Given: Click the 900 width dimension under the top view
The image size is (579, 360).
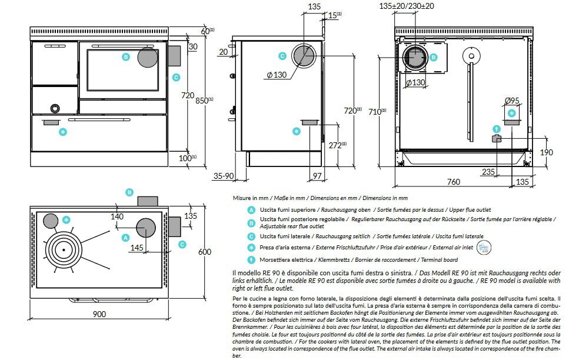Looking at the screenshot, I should point(99,314).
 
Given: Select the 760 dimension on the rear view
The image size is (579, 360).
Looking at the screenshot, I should point(452,182).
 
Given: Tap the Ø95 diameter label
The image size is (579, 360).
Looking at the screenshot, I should point(512,100).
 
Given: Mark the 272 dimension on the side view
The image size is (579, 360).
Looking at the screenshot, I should point(335,145).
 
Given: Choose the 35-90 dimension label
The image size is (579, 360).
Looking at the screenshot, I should point(223,176).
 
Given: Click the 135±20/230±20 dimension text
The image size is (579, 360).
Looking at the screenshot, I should point(414,6).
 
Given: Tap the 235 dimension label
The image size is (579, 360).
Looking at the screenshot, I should point(488,172).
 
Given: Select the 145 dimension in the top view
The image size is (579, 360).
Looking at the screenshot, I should point(137,248).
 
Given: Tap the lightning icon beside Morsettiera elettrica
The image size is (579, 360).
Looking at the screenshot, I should point(251,259).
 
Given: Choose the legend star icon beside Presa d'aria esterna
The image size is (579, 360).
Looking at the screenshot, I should point(251,248).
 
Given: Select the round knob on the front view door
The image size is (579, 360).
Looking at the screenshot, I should point(54,108).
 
